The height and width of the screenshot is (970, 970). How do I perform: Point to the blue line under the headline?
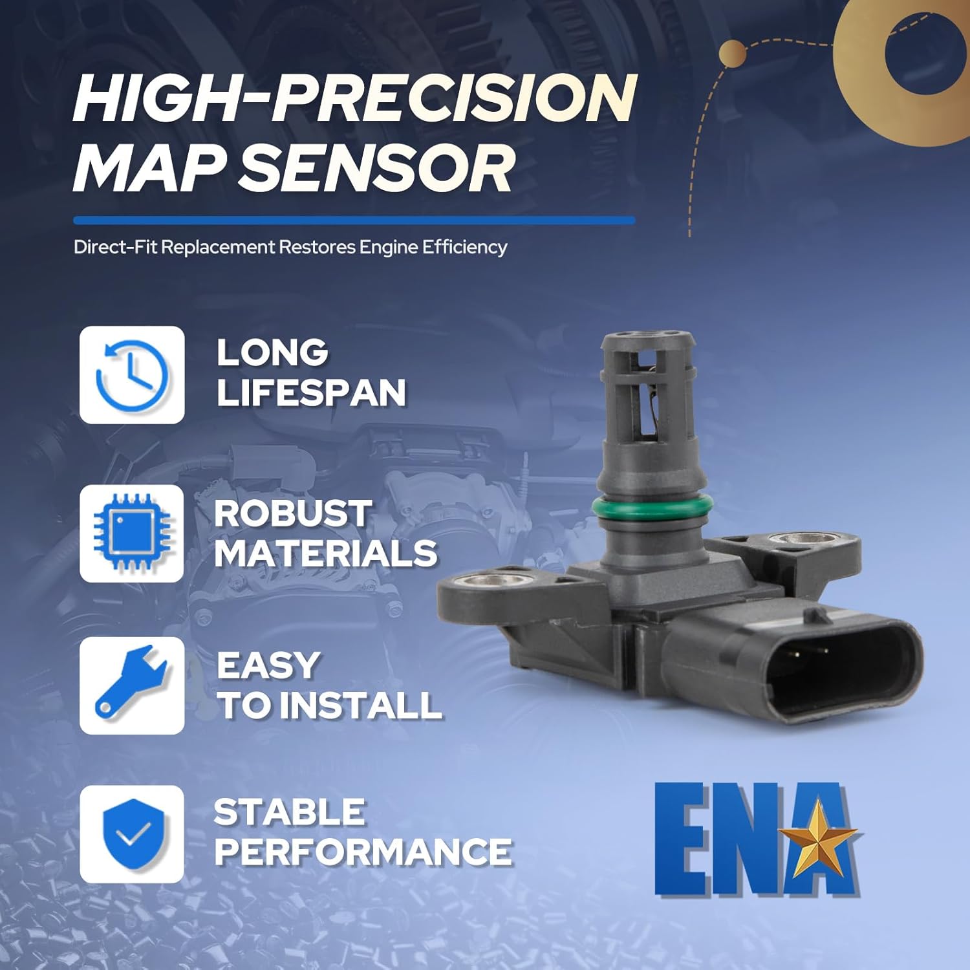[x=354, y=221]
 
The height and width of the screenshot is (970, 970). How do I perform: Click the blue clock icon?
[x=132, y=375]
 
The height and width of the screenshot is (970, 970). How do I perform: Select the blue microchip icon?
[x=132, y=533]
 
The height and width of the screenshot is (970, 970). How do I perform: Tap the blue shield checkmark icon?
[x=132, y=834]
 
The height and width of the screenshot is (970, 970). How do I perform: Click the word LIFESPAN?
[x=311, y=393]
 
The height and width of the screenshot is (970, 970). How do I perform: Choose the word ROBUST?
[x=292, y=513]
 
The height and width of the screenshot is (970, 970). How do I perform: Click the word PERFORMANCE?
[x=363, y=852]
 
